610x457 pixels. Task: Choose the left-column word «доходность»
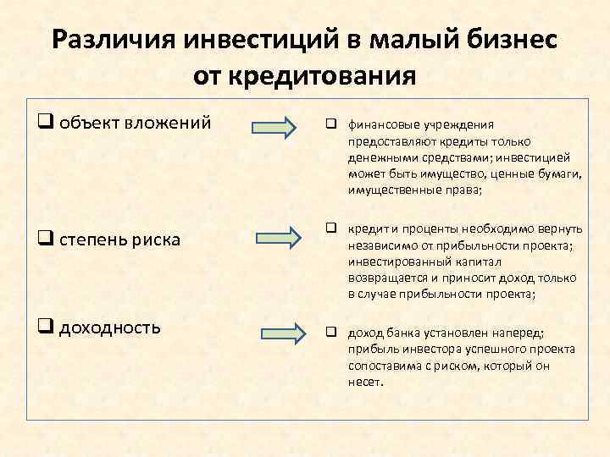(x=110, y=326)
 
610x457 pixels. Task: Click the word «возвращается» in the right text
(x=388, y=278)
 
